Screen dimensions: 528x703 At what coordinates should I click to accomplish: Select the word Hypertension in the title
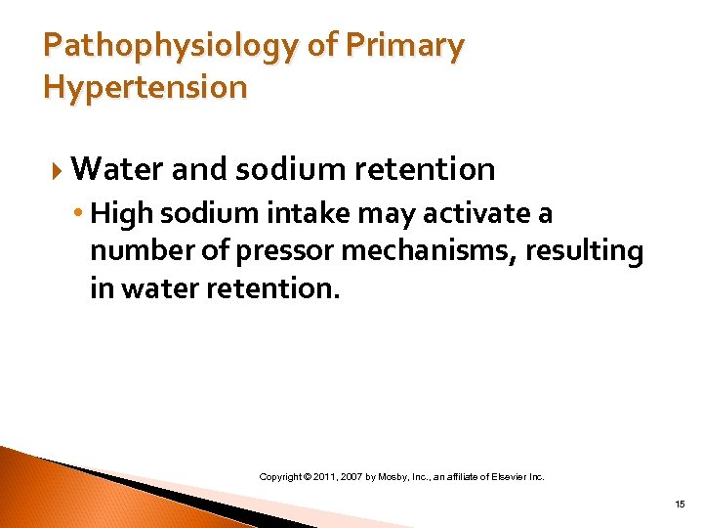coord(145,88)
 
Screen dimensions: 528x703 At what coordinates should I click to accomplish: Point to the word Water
coord(117,169)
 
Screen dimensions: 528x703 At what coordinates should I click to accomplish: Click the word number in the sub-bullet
coord(137,251)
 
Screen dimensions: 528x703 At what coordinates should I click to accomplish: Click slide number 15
coord(680,504)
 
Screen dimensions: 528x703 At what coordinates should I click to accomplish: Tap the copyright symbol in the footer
coord(308,476)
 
